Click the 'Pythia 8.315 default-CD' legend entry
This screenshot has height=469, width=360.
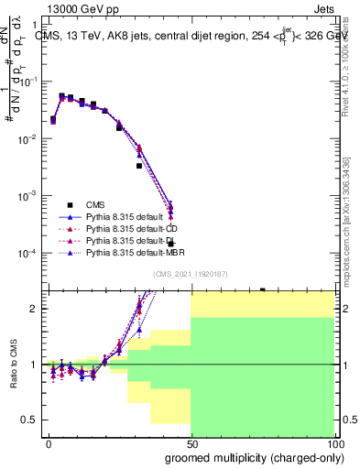coord(135,228)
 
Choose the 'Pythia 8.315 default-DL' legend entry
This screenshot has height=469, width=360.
coord(135,240)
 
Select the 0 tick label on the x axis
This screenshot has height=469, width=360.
coord(48,442)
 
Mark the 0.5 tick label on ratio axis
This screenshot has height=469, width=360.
coord(31,420)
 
